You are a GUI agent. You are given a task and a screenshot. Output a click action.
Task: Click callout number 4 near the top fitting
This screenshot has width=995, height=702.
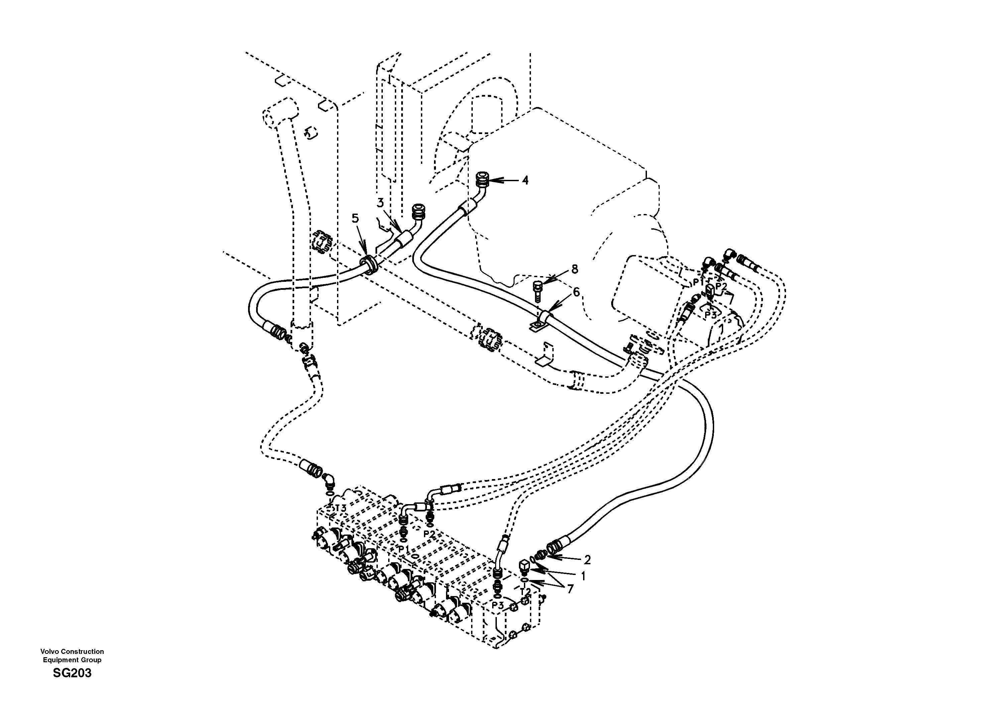click(x=525, y=180)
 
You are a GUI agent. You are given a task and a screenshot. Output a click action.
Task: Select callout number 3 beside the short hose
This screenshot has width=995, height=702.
click(x=380, y=203)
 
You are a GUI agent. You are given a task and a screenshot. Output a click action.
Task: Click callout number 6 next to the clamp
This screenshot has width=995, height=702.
click(x=576, y=292)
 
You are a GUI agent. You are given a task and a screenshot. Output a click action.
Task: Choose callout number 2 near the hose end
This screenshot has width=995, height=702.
click(x=587, y=560)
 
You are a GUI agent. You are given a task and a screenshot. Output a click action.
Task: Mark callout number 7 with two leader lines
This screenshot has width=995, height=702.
click(x=570, y=589)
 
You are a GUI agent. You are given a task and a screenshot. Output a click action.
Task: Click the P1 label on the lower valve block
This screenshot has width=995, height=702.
click(x=404, y=549)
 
